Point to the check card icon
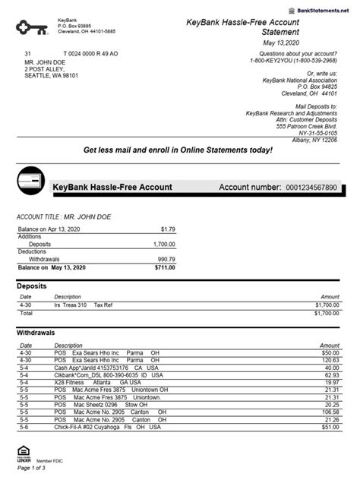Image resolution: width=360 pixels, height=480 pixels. tap(30, 180)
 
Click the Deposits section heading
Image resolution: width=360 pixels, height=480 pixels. tap(31, 286)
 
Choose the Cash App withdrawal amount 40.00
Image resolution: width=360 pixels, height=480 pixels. tap(330, 368)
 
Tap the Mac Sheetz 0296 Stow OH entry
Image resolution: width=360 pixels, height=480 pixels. tap(99, 405)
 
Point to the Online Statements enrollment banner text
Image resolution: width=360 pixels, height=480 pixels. tap(177, 150)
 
